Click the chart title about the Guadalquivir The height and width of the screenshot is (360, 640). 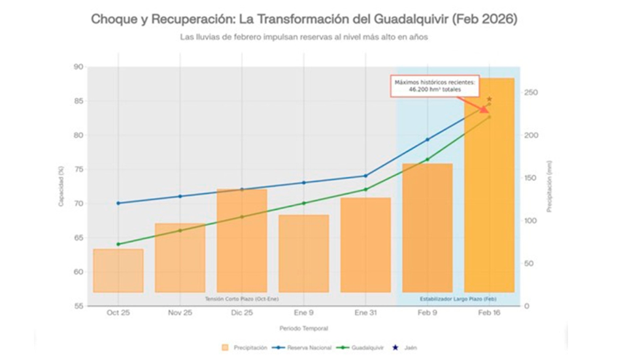click(x=304, y=19)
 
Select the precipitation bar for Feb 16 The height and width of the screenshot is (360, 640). click(x=489, y=196)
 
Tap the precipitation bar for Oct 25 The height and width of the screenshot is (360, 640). click(x=118, y=270)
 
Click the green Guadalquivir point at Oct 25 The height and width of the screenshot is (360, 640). click(x=118, y=244)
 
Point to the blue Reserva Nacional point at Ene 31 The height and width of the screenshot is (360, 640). click(x=365, y=176)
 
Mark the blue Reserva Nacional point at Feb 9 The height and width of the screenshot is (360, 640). click(x=428, y=139)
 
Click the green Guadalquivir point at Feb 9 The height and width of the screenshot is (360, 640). click(x=428, y=159)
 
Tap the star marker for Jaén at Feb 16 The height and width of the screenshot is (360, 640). click(x=490, y=99)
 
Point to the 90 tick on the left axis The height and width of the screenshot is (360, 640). click(x=78, y=67)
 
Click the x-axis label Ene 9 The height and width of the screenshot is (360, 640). click(x=304, y=312)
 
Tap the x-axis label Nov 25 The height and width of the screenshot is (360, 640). click(x=180, y=312)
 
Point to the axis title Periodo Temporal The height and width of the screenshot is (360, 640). click(x=303, y=328)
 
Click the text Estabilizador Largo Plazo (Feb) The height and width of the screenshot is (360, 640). click(x=458, y=299)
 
